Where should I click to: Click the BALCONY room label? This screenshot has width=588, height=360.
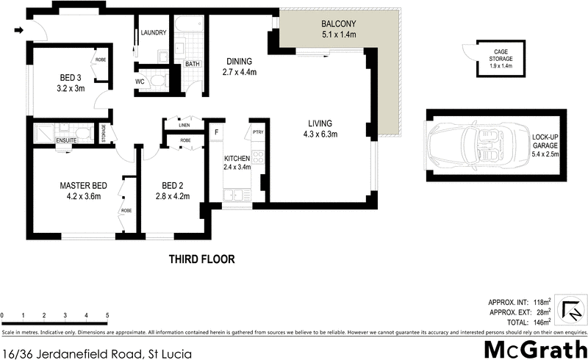338,24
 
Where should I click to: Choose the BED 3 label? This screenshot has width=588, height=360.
73,82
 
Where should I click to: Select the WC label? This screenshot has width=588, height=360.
140,81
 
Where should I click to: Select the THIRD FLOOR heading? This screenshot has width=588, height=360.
201,259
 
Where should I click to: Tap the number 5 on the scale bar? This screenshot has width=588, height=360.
107,315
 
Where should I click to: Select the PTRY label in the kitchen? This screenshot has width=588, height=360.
257,132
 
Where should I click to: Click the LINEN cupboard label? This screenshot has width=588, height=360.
184,126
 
